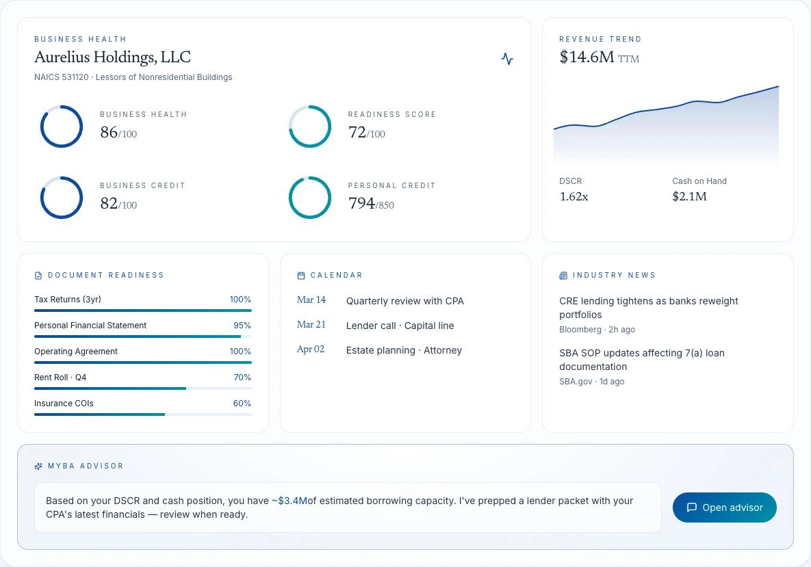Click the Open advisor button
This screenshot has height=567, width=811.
coord(724,507)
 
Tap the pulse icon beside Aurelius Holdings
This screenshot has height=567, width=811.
coord(507,58)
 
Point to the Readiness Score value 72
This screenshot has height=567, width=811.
coord(357,132)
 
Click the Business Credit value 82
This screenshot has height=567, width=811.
coord(109,204)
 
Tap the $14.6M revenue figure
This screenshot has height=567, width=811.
coord(587,57)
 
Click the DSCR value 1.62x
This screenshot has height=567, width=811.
coord(574,196)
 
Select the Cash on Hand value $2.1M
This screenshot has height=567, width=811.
coord(689,196)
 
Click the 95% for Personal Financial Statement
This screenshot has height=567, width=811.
coord(242,326)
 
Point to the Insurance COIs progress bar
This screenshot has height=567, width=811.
coord(143,414)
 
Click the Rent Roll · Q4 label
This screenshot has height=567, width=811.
coord(60,378)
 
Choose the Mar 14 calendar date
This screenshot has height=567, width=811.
coord(311,300)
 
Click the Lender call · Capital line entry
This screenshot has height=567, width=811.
coord(400,326)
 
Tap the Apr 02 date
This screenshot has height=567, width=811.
coord(310,350)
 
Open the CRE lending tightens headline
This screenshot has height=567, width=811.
coord(649,308)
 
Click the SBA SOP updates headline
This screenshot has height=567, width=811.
coord(642,360)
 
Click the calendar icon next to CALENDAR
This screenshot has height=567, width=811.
coord(301,276)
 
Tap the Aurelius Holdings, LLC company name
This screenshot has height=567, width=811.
coord(112,57)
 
